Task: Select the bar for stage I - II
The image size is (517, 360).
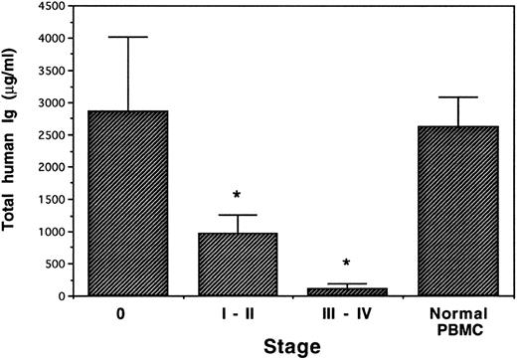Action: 238,265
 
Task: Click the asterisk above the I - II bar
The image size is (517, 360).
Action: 238,195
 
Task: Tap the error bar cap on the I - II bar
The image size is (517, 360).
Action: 238,215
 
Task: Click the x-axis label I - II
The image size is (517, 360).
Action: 238,312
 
